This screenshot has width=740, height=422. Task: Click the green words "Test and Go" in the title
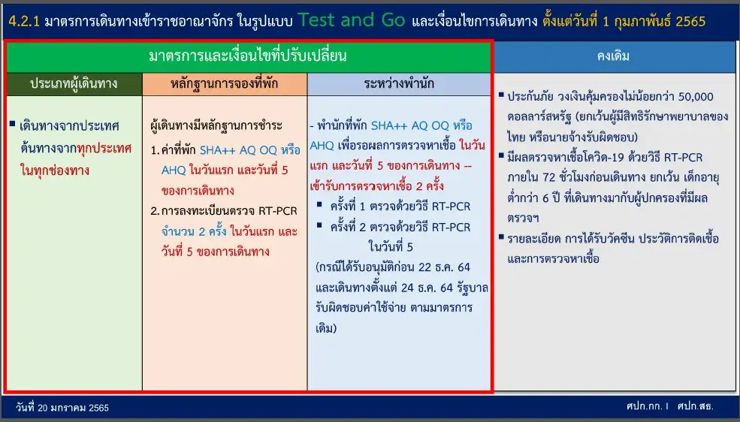[351, 20]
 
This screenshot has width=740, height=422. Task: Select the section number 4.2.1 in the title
[24, 21]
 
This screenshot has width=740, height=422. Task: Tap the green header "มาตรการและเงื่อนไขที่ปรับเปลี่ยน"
[248, 56]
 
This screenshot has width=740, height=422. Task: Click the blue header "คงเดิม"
[613, 56]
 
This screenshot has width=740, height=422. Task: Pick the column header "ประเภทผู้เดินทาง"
[74, 84]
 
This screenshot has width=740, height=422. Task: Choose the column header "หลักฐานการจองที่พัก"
[224, 84]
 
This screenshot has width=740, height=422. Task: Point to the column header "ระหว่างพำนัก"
[399, 84]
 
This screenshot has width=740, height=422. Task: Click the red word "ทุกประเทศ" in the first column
[104, 149]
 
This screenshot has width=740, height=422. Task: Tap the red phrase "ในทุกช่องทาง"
[55, 170]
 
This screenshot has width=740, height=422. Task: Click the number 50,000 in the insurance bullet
[696, 97]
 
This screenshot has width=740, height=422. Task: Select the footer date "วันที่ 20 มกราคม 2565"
[62, 408]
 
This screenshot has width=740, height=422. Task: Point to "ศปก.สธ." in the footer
[695, 406]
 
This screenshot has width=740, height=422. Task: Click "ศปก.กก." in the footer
[645, 406]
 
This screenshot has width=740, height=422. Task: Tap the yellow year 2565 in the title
[690, 21]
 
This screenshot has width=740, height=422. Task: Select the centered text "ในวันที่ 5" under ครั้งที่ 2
[391, 246]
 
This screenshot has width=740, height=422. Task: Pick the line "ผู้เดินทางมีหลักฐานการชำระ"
[216, 125]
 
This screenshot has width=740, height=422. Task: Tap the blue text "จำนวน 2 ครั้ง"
[194, 231]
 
